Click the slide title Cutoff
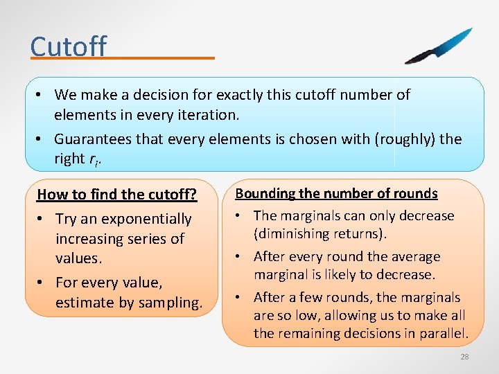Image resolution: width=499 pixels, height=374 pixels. (69, 46)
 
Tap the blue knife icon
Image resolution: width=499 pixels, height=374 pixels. (439, 46)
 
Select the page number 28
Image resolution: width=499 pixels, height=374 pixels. (464, 357)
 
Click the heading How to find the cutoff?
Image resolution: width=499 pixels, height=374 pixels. (117, 195)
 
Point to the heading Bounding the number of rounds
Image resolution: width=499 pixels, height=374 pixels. (337, 193)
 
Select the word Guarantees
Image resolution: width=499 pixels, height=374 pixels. (93, 139)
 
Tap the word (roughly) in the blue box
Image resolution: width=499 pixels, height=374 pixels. (404, 139)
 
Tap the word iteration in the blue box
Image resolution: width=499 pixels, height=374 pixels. (209, 114)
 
